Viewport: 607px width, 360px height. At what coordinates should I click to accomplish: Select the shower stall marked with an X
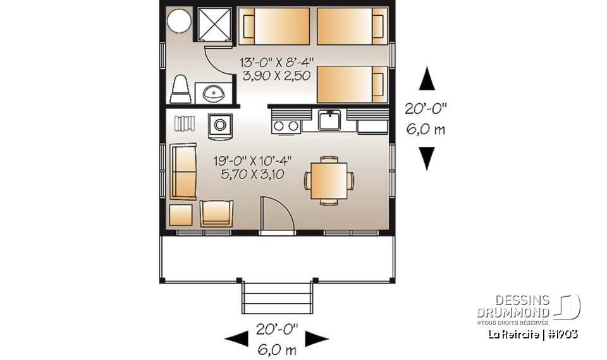(216, 25)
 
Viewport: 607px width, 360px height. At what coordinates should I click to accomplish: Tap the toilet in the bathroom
(181, 89)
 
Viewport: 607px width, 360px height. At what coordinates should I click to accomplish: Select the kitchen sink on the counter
(329, 119)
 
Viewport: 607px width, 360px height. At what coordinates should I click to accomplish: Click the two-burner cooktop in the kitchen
(286, 125)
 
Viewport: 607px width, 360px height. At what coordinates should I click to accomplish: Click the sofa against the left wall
(183, 171)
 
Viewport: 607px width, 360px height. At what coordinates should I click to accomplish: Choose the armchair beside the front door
(216, 213)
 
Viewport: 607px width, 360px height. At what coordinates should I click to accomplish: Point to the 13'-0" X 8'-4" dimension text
(277, 63)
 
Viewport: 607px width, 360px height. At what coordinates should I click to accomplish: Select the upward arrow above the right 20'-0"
(428, 80)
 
